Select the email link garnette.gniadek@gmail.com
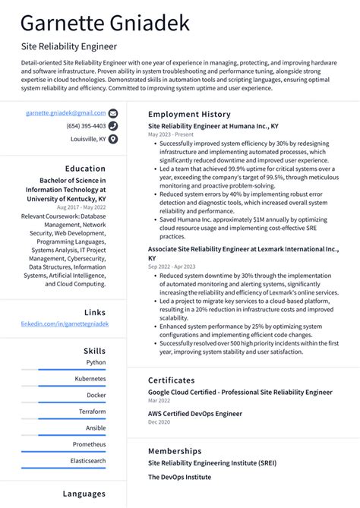click(x=65, y=112)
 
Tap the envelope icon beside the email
click(x=113, y=112)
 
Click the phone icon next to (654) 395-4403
click(x=113, y=126)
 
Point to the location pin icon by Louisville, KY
click(x=113, y=140)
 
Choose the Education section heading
click(x=85, y=169)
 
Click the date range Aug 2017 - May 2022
click(x=81, y=207)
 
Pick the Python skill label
click(x=96, y=362)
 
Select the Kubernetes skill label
click(x=90, y=378)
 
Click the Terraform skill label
click(x=92, y=412)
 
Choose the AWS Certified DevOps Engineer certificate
click(x=195, y=414)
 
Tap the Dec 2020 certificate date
click(x=159, y=422)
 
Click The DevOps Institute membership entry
click(x=179, y=478)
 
